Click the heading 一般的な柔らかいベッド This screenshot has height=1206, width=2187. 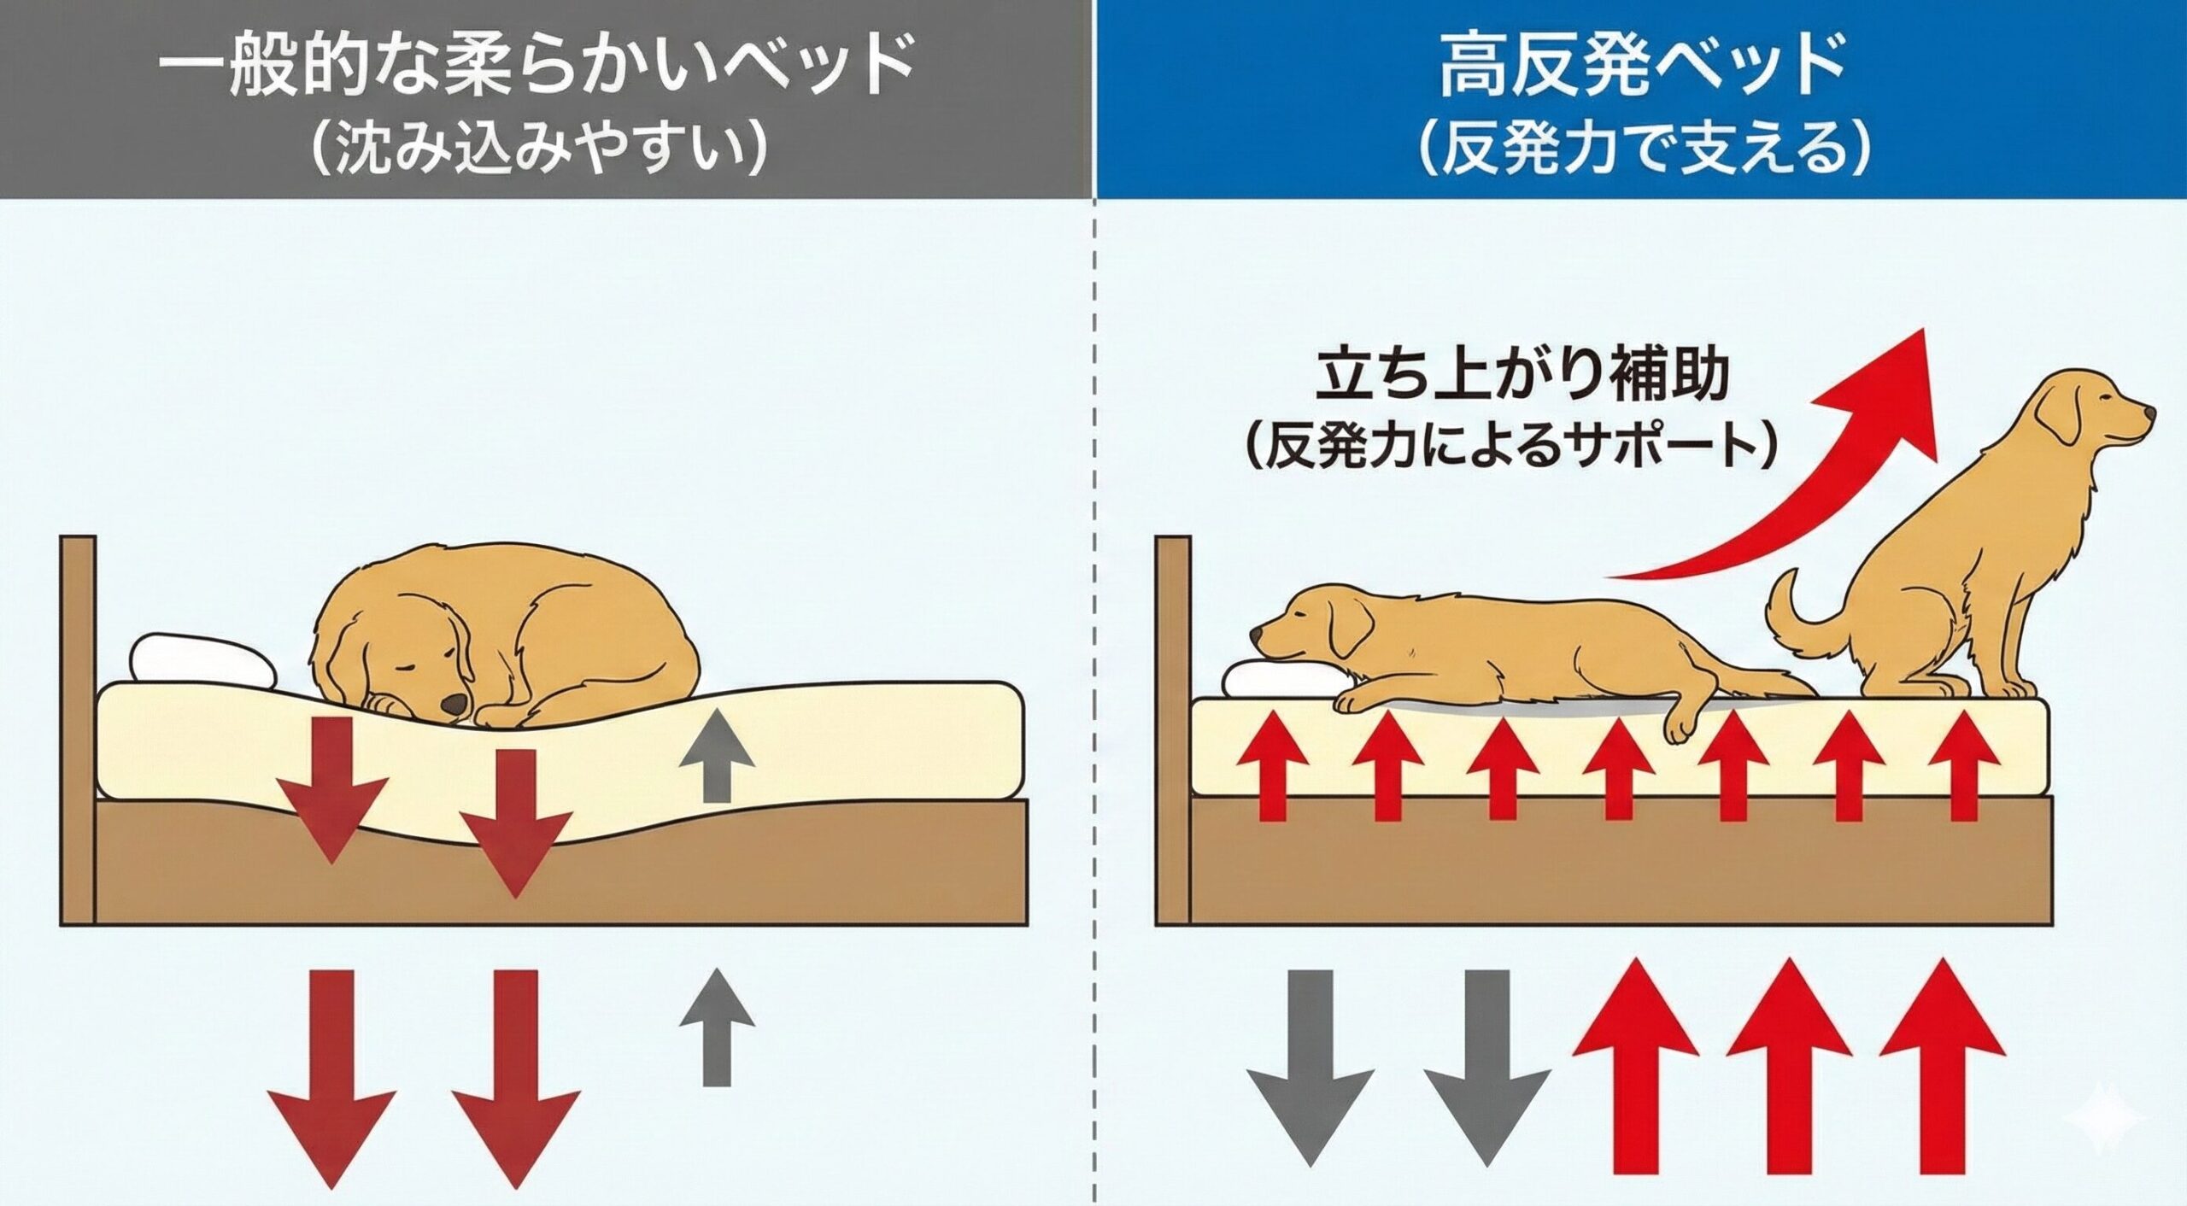coord(536,67)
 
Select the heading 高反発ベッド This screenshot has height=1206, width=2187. coord(1642,67)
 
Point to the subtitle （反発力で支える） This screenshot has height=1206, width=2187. coord(1642,150)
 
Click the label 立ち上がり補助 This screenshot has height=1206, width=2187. coord(1522,377)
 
